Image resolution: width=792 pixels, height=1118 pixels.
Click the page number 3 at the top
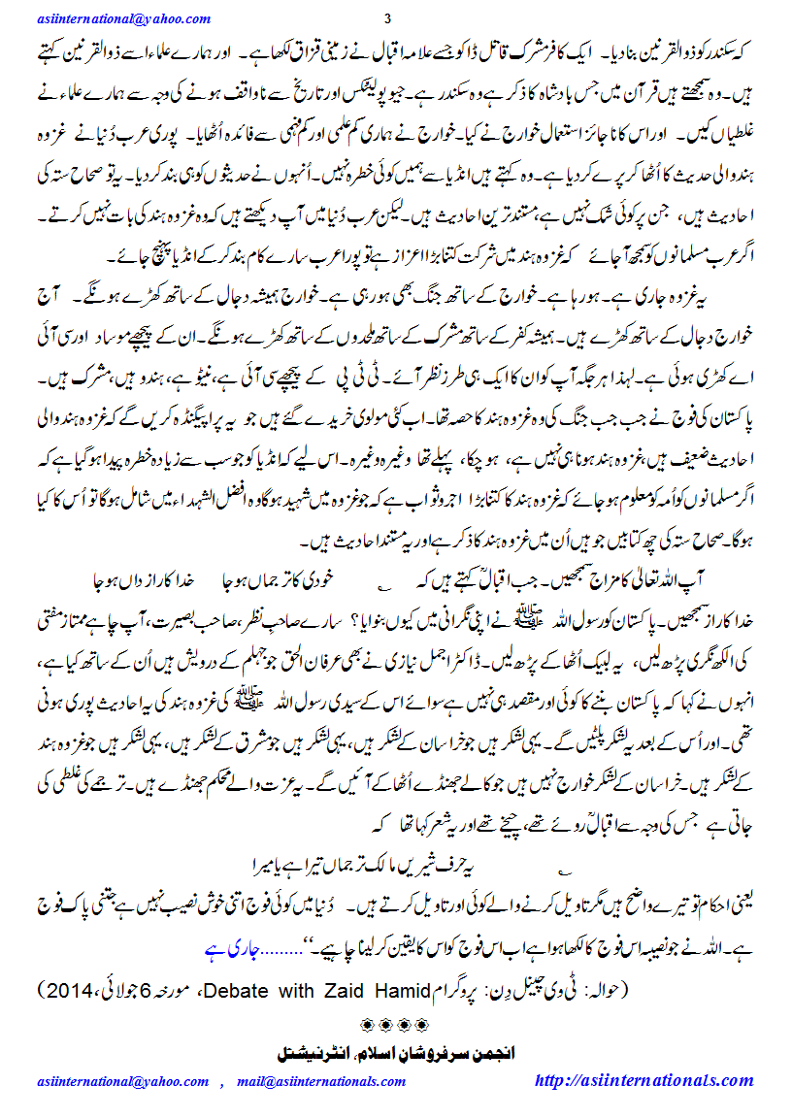[387, 18]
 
